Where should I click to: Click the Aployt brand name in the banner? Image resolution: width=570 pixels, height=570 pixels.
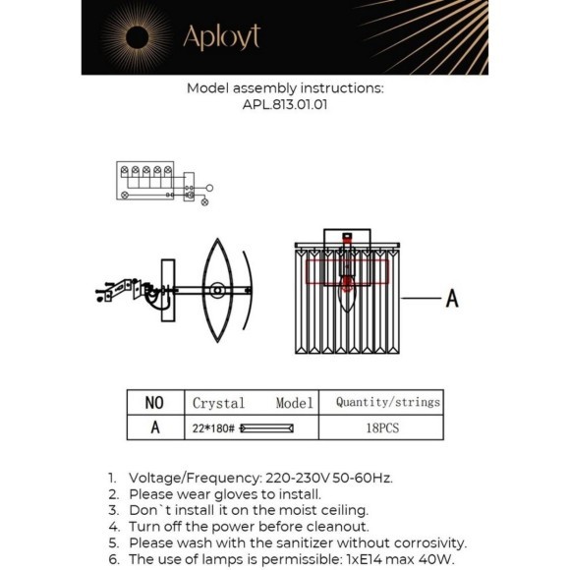[222, 36]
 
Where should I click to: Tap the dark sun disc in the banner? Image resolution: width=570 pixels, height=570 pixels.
[137, 37]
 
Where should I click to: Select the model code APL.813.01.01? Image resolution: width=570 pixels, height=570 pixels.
[285, 105]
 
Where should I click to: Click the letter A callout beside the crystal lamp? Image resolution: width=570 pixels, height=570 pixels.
[452, 299]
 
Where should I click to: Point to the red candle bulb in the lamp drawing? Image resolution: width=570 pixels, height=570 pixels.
[347, 286]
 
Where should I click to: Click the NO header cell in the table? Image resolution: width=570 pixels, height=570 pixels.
[154, 403]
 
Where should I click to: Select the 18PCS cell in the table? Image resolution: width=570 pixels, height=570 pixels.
[382, 427]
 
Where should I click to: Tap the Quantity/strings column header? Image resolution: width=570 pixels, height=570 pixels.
[388, 402]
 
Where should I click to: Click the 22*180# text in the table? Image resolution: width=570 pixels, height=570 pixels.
[213, 428]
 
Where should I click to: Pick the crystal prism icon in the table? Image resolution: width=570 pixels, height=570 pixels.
[266, 428]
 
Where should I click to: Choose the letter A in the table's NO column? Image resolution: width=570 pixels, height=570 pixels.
[155, 427]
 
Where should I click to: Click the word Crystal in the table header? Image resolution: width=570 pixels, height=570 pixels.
[218, 403]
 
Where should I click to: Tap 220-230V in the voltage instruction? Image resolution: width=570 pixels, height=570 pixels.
[298, 478]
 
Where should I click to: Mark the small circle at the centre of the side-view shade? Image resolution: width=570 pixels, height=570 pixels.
[217, 291]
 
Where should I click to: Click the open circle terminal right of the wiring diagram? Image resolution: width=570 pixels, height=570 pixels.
[209, 188]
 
